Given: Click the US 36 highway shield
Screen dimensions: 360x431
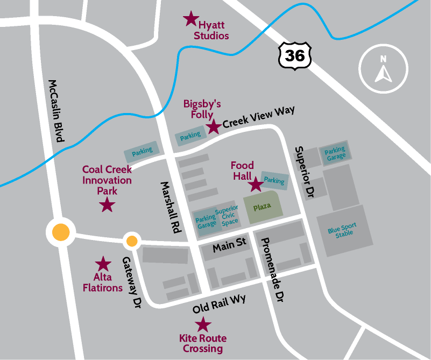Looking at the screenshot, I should [x=293, y=55].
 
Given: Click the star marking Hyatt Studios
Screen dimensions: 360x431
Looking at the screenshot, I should [x=190, y=19].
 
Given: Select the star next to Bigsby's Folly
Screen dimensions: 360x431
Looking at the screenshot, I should [x=214, y=127].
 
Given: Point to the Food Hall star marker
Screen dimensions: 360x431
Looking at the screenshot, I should [x=255, y=185].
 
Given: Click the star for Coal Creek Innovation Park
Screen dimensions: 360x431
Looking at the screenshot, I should [x=108, y=204].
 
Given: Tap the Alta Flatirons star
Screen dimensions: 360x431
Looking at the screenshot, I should [x=103, y=264].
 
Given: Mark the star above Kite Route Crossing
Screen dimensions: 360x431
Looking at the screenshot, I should [x=203, y=324].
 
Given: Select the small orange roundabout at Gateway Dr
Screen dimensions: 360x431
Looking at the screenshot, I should [x=132, y=241].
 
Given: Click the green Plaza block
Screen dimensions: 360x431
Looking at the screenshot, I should [x=263, y=207].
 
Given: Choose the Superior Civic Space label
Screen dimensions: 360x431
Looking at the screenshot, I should [x=227, y=215].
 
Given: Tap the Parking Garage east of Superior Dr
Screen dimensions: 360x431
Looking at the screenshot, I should [x=335, y=153].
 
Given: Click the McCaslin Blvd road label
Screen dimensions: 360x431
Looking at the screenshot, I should [x=56, y=111].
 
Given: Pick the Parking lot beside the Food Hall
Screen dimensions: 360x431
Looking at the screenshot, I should [x=274, y=181].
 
